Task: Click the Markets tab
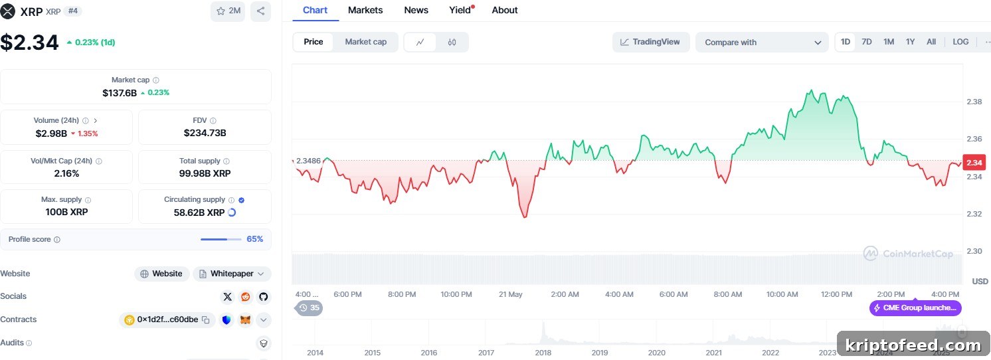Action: point(365,10)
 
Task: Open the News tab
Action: point(416,10)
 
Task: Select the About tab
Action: point(504,10)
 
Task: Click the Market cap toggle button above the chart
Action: point(365,42)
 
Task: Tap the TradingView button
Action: point(650,42)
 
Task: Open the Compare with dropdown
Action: point(762,43)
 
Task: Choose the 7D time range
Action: point(867,42)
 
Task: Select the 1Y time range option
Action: point(910,42)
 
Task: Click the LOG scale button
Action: point(960,42)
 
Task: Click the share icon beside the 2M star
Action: point(260,11)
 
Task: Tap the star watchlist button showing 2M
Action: point(228,11)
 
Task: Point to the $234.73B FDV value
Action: point(205,133)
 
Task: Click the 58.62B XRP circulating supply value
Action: point(199,213)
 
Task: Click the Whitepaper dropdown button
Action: point(232,274)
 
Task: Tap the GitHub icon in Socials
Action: point(263,297)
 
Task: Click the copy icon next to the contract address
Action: point(206,319)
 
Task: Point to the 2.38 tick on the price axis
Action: point(974,102)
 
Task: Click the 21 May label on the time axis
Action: point(511,294)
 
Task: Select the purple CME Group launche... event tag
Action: point(915,308)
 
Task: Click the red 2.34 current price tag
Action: point(974,163)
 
